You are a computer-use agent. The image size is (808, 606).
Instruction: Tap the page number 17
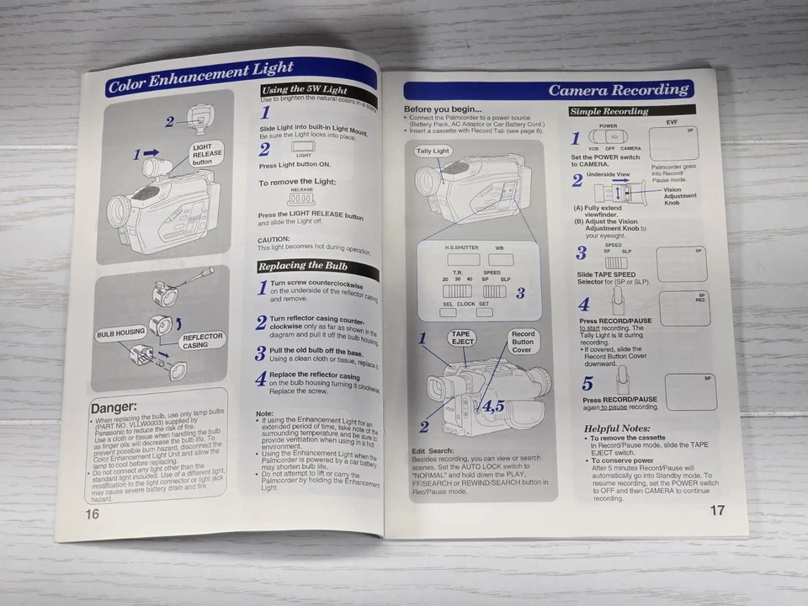[x=716, y=510]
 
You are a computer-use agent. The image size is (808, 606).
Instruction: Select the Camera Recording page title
[x=619, y=90]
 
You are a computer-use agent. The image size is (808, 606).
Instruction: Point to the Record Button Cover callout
[x=523, y=342]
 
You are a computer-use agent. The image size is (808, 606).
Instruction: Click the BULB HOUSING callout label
[x=120, y=332]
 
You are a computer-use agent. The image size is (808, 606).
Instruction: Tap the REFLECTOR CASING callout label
[x=202, y=340]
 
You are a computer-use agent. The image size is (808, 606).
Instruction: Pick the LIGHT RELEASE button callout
[x=207, y=154]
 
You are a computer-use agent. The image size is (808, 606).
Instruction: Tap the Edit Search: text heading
[x=433, y=451]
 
